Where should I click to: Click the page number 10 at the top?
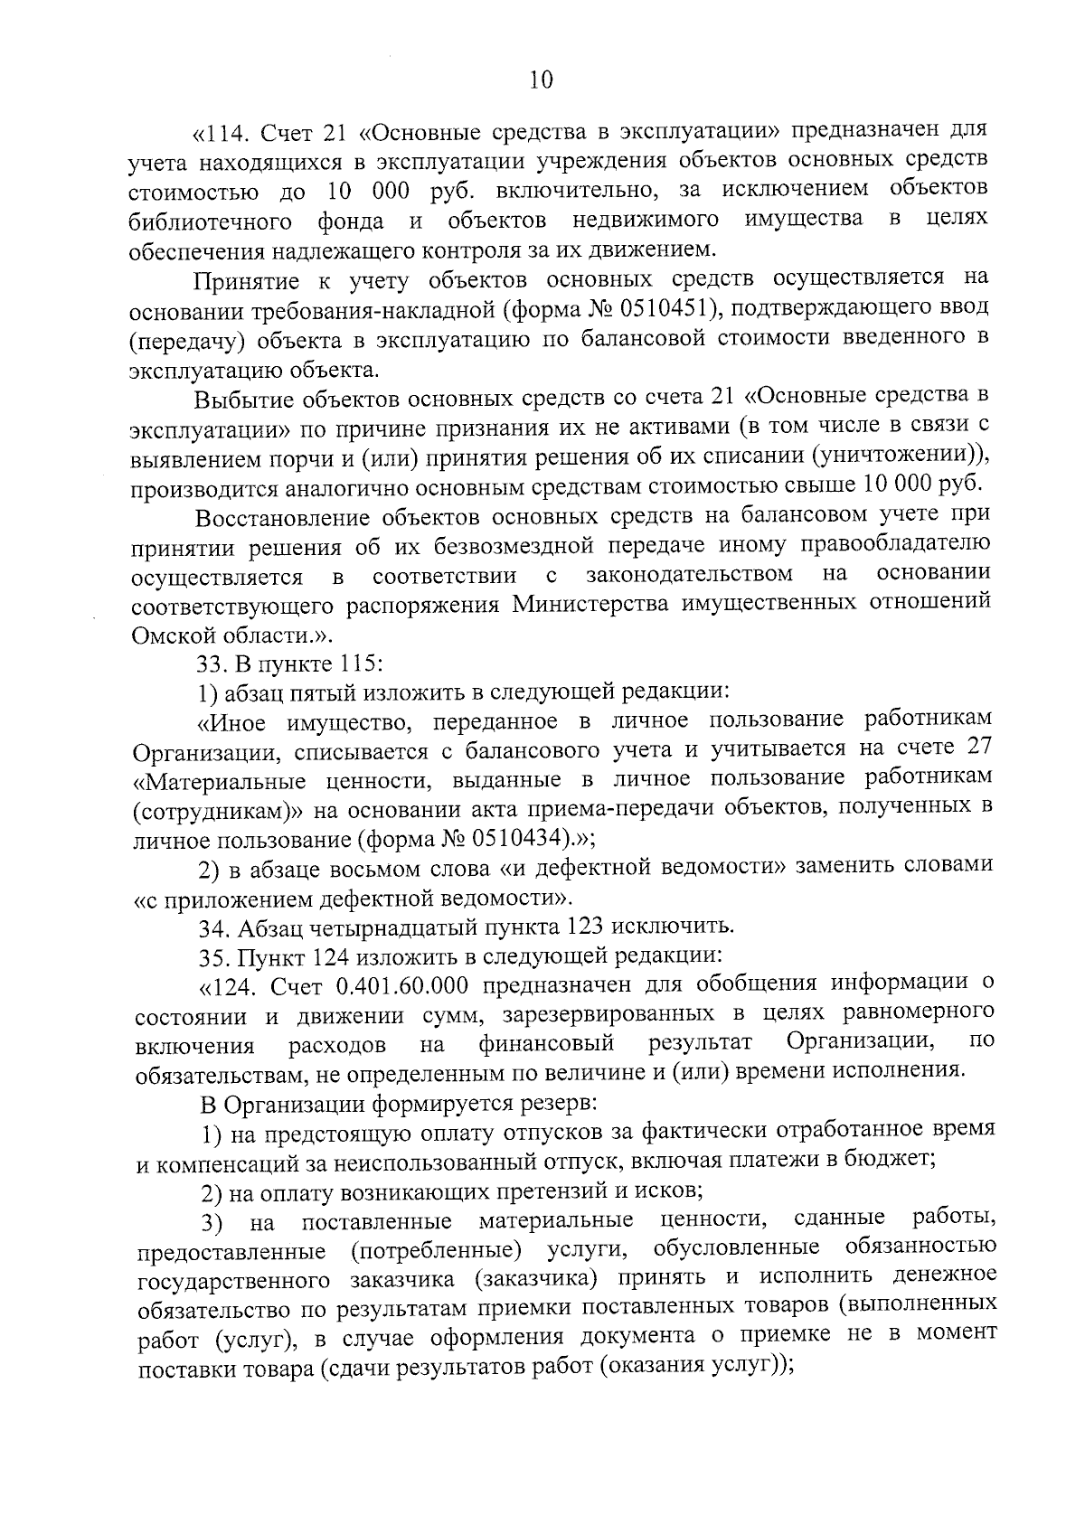pos(542,80)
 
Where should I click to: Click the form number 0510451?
pos(665,308)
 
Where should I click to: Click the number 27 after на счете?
pos(978,748)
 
